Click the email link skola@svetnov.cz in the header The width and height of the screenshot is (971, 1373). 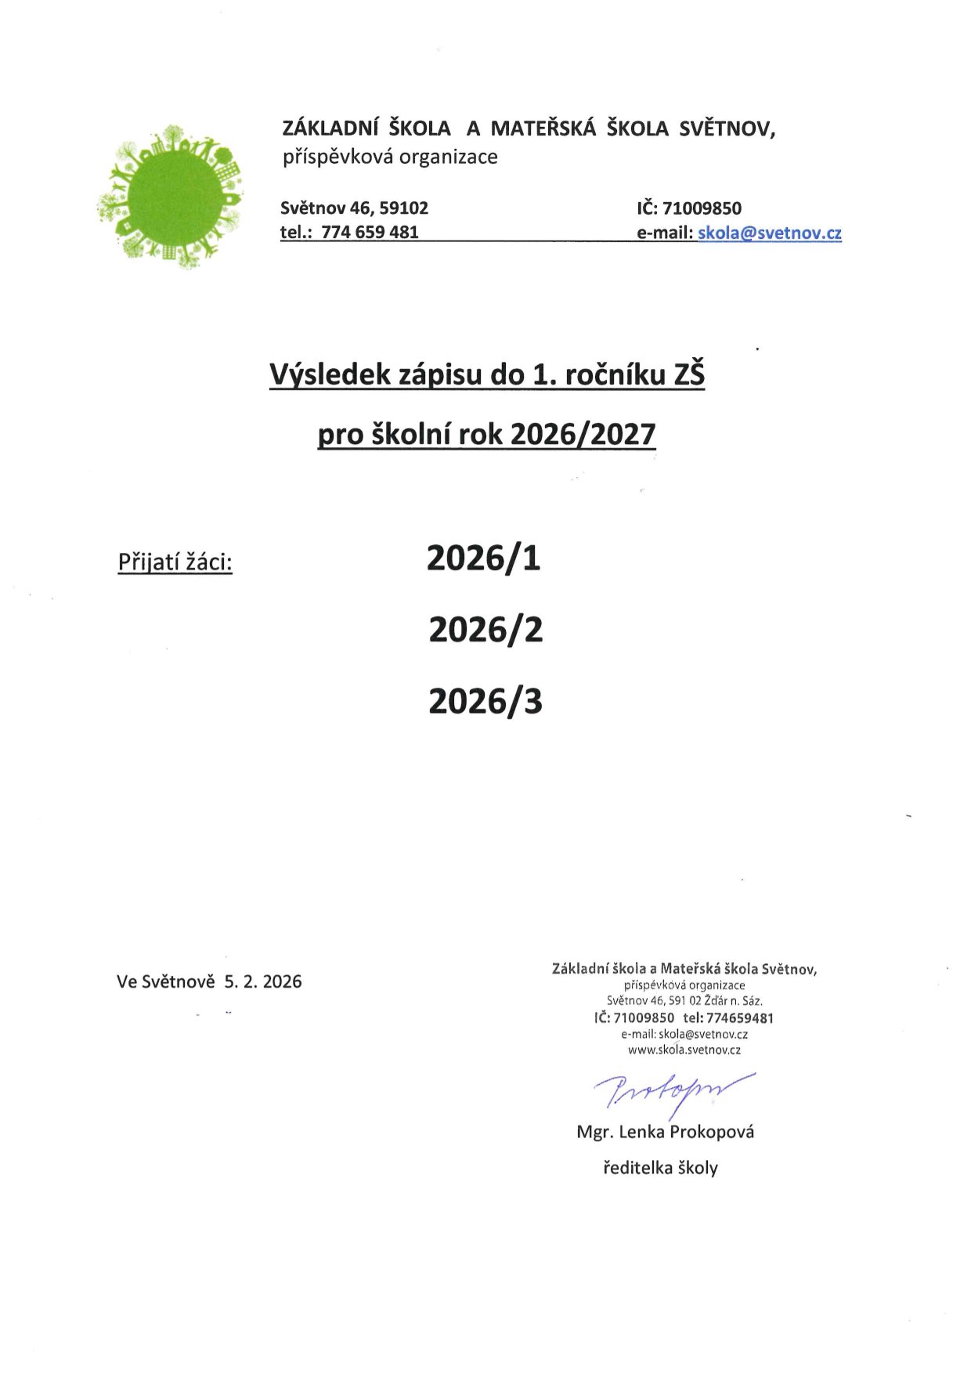769,233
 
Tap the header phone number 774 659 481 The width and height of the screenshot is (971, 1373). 370,233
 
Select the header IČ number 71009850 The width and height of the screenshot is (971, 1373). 702,208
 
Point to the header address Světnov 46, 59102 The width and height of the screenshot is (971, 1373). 354,208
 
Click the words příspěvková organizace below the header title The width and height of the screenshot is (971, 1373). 390,157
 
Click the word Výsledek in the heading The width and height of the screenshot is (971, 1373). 330,376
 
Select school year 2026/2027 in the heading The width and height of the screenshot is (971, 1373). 582,435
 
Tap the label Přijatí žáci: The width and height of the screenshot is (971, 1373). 175,562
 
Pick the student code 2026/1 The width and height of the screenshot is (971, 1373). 484,558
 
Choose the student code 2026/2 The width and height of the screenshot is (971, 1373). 485,630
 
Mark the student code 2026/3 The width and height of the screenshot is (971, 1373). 485,702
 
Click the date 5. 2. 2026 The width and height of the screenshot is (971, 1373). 263,982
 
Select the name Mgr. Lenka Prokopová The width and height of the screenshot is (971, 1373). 665,1133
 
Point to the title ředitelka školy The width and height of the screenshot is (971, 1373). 660,1169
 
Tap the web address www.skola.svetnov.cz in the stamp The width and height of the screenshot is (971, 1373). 684,1050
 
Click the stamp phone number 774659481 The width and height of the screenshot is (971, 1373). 740,1018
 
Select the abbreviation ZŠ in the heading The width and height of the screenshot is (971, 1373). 689,376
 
